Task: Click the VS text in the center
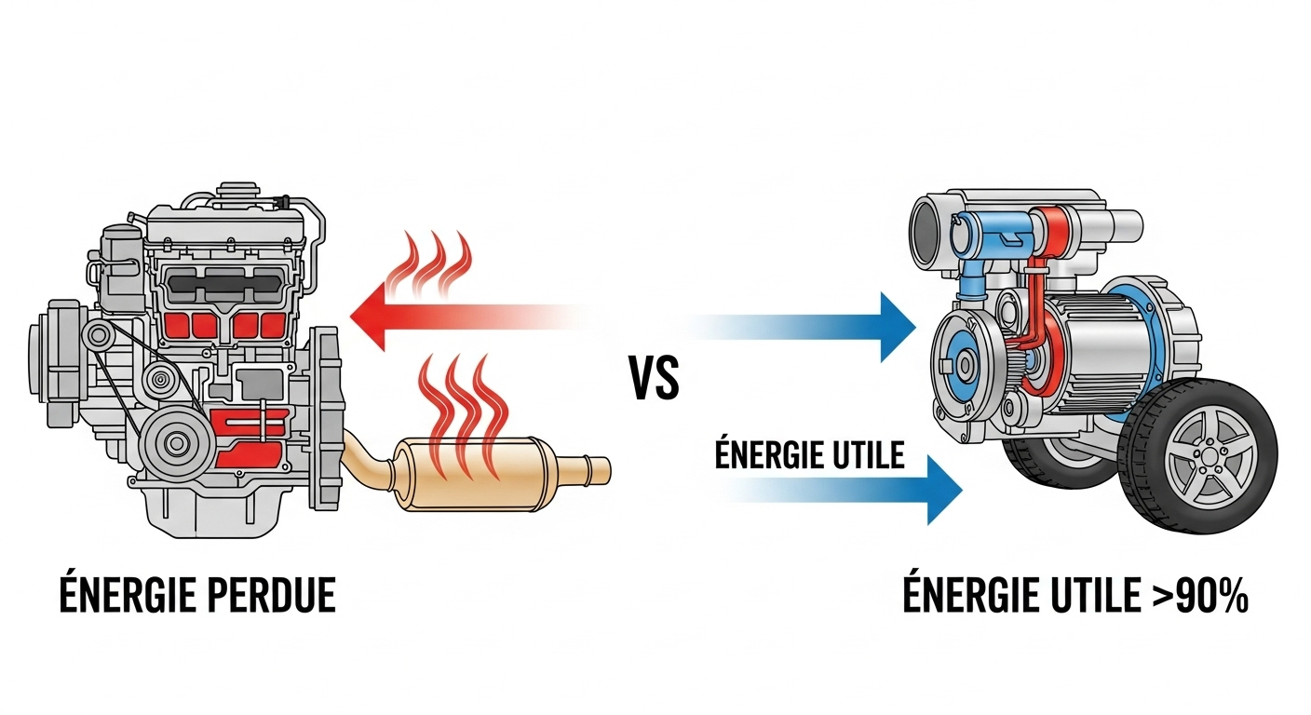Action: pos(655,376)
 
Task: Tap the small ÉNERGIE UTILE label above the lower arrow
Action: pos(809,454)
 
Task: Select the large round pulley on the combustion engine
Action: pos(174,444)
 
